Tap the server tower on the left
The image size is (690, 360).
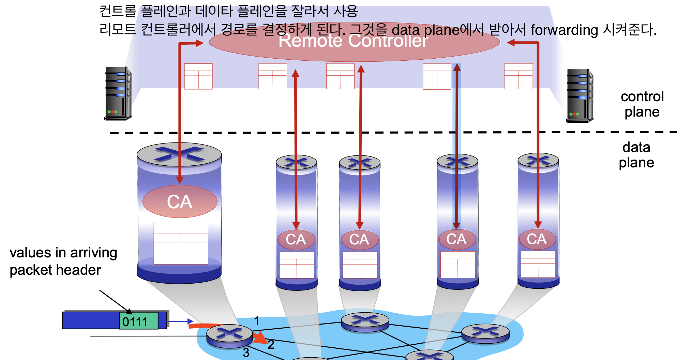point(118,93)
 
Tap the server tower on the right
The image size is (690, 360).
point(580,95)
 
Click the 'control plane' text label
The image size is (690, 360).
point(642,104)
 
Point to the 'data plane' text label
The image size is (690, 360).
point(636,155)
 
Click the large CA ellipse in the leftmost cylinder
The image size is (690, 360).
point(180,201)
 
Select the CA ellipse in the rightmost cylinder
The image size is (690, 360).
point(537,239)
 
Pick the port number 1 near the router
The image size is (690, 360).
point(257,321)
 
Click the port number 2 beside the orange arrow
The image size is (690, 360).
point(271,345)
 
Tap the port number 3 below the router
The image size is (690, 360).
point(246,352)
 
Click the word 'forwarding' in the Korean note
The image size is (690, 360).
point(564,30)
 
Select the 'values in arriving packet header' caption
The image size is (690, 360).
point(63,261)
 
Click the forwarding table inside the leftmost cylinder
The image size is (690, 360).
point(181,243)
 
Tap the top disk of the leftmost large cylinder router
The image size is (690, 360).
point(179,154)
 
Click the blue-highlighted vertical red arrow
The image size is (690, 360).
point(456,147)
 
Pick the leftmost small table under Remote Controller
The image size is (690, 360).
point(198,76)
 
